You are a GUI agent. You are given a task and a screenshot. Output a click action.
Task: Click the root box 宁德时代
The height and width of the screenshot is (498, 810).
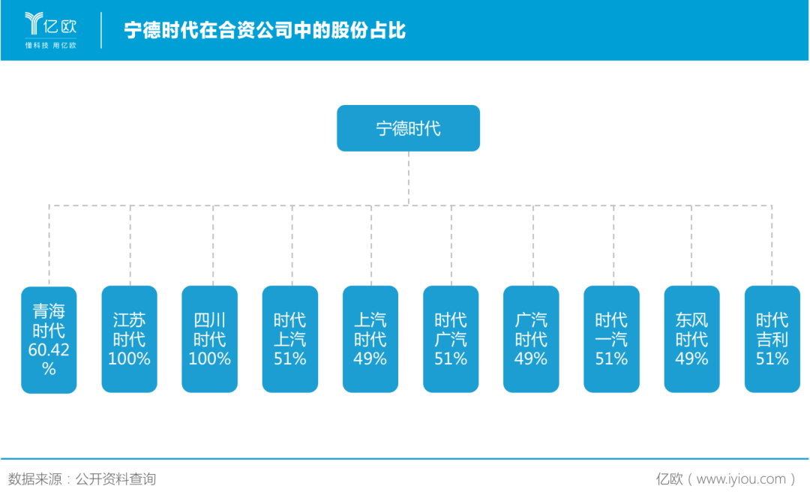pyautogui.click(x=408, y=128)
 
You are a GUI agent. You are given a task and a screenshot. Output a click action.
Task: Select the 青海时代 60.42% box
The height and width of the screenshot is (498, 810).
pyautogui.click(x=49, y=340)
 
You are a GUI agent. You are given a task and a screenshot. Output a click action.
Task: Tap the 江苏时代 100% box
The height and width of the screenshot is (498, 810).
pyautogui.click(x=129, y=340)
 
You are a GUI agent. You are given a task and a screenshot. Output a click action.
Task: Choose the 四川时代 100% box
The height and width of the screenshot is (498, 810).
pyautogui.click(x=210, y=340)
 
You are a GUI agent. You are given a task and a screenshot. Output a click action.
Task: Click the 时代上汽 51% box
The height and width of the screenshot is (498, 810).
pyautogui.click(x=290, y=340)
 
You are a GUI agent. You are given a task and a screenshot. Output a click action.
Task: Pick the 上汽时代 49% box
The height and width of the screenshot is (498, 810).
pyautogui.click(x=370, y=340)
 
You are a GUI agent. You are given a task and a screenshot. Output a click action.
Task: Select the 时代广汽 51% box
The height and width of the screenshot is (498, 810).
pyautogui.click(x=451, y=340)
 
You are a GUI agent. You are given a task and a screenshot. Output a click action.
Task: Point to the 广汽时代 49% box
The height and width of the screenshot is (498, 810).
pyautogui.click(x=531, y=340)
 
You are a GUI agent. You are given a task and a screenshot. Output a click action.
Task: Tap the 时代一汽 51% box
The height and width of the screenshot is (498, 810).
pyautogui.click(x=612, y=340)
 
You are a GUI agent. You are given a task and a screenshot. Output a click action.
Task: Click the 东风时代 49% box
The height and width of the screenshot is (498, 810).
pyautogui.click(x=691, y=340)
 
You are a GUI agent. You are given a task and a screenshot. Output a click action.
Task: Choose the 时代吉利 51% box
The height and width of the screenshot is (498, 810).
pyautogui.click(x=772, y=340)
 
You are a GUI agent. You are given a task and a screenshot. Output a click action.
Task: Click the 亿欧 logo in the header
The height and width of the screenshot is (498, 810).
pyautogui.click(x=51, y=24)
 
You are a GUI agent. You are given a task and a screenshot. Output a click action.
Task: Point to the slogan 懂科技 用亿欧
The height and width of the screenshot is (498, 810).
pyautogui.click(x=51, y=46)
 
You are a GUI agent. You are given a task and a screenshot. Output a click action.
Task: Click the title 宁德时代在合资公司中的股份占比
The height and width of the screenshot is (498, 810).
pyautogui.click(x=265, y=31)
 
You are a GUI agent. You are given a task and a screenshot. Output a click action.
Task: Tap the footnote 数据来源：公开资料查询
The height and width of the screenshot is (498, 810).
pyautogui.click(x=82, y=479)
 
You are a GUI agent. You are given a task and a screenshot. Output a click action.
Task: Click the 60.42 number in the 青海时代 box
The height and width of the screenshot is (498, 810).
pyautogui.click(x=49, y=349)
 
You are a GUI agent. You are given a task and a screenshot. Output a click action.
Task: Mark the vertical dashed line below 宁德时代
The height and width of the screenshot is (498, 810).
pyautogui.click(x=409, y=178)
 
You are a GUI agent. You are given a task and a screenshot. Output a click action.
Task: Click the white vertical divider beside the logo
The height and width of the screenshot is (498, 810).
pyautogui.click(x=101, y=31)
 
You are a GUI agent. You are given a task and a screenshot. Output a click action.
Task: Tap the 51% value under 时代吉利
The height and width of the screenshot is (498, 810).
pyautogui.click(x=772, y=358)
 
